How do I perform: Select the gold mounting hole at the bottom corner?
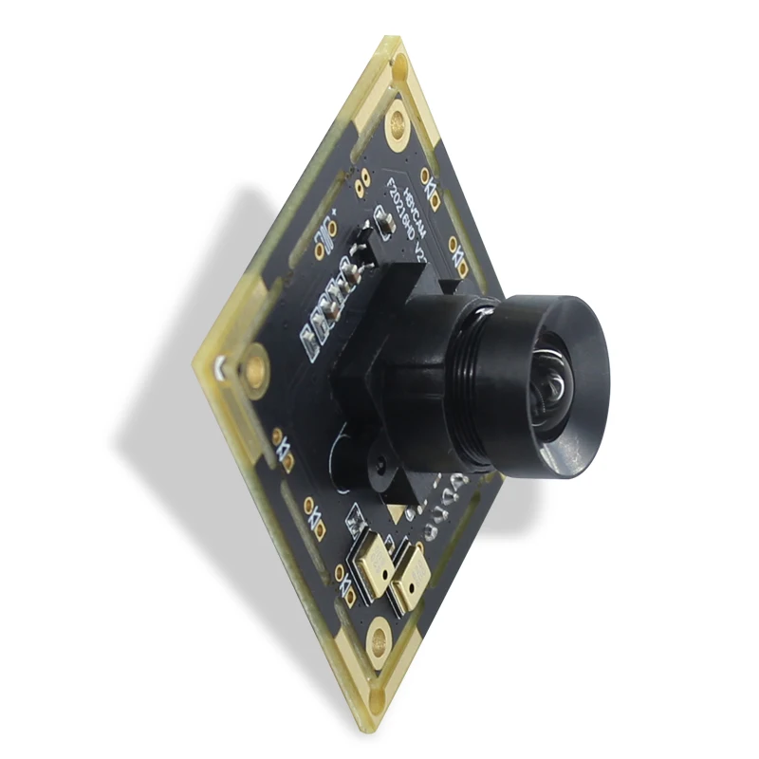tap(380, 635)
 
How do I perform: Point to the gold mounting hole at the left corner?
tap(255, 365)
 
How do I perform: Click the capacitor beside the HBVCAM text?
tap(384, 223)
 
